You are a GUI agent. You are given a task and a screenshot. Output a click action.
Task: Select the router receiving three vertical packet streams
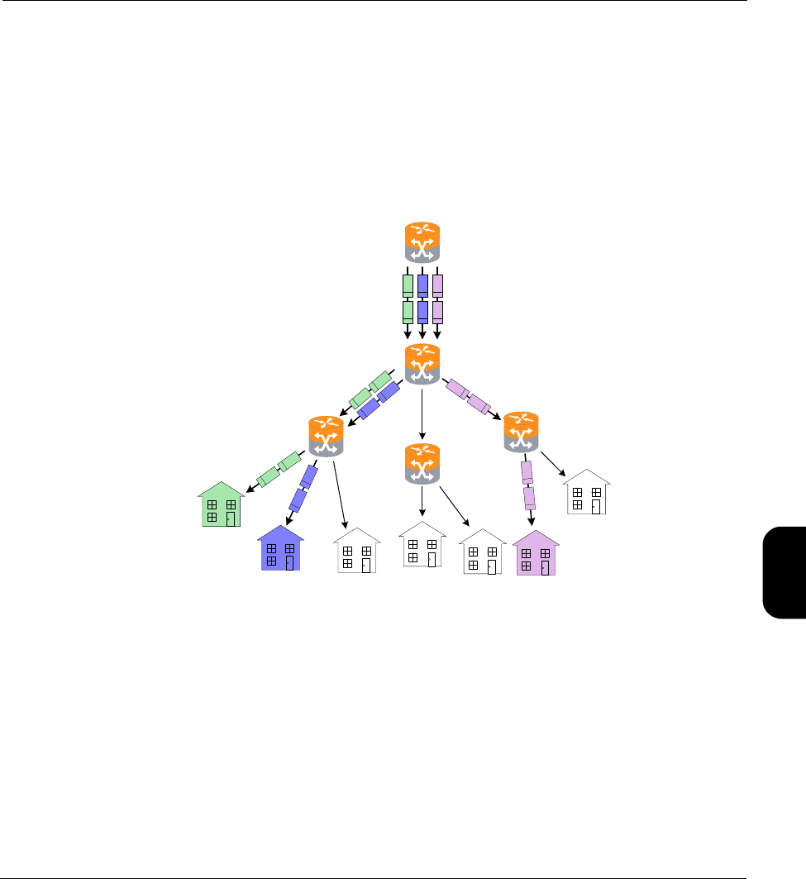422,365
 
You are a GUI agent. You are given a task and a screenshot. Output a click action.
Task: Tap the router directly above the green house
325,436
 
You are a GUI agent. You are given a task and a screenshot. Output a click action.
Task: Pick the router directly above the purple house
521,432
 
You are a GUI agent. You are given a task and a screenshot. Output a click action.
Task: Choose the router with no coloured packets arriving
422,464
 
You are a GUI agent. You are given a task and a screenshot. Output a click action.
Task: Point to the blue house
280,550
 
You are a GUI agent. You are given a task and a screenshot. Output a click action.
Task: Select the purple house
536,553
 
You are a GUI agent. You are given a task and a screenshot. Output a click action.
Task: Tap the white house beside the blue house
356,552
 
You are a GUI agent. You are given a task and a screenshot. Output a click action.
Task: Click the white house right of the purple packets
587,493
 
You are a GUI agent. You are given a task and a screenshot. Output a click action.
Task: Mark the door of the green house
231,518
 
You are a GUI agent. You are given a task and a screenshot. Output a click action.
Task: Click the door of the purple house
546,566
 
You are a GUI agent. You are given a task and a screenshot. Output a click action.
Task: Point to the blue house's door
290,563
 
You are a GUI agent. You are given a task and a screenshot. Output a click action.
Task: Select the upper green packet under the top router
408,285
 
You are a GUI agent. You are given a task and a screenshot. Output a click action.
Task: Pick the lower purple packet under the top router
438,312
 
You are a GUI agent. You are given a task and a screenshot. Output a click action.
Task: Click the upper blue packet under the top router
422,285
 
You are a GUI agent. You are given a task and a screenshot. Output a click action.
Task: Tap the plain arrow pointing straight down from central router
422,412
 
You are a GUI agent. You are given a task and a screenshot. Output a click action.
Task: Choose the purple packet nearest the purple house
529,498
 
